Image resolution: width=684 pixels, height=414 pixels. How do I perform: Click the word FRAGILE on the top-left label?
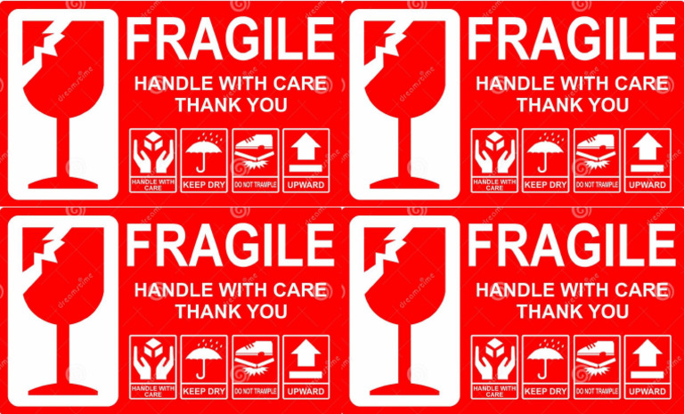tap(230, 39)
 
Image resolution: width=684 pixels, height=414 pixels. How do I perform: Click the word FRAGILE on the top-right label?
tap(572, 39)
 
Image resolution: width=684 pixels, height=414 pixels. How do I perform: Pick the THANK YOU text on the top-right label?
tap(573, 105)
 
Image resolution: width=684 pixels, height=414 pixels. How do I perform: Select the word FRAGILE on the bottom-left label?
tap(230, 246)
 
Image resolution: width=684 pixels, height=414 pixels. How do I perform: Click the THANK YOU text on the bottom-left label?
tap(231, 312)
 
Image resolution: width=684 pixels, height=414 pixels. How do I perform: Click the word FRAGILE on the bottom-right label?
tap(572, 246)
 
